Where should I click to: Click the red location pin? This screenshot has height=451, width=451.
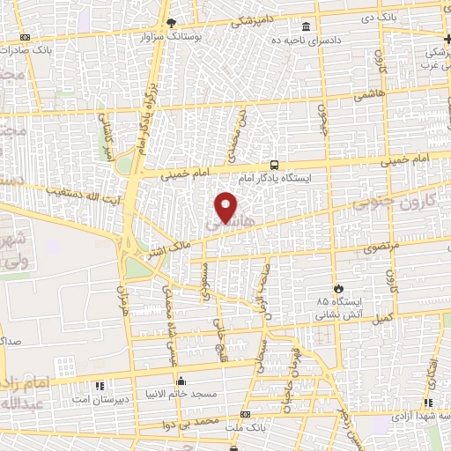227,206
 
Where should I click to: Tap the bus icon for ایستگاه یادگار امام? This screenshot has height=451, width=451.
275,165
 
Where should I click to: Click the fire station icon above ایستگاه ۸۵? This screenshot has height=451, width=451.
338,287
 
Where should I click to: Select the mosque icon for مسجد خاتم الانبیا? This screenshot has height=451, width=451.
181,382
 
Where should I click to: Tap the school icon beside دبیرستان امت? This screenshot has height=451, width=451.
99,386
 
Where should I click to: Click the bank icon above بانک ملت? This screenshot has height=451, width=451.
245,414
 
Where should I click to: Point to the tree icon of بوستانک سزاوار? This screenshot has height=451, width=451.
172,22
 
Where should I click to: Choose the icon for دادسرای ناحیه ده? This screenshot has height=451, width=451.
306,26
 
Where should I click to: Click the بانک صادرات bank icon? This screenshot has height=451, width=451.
24,37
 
